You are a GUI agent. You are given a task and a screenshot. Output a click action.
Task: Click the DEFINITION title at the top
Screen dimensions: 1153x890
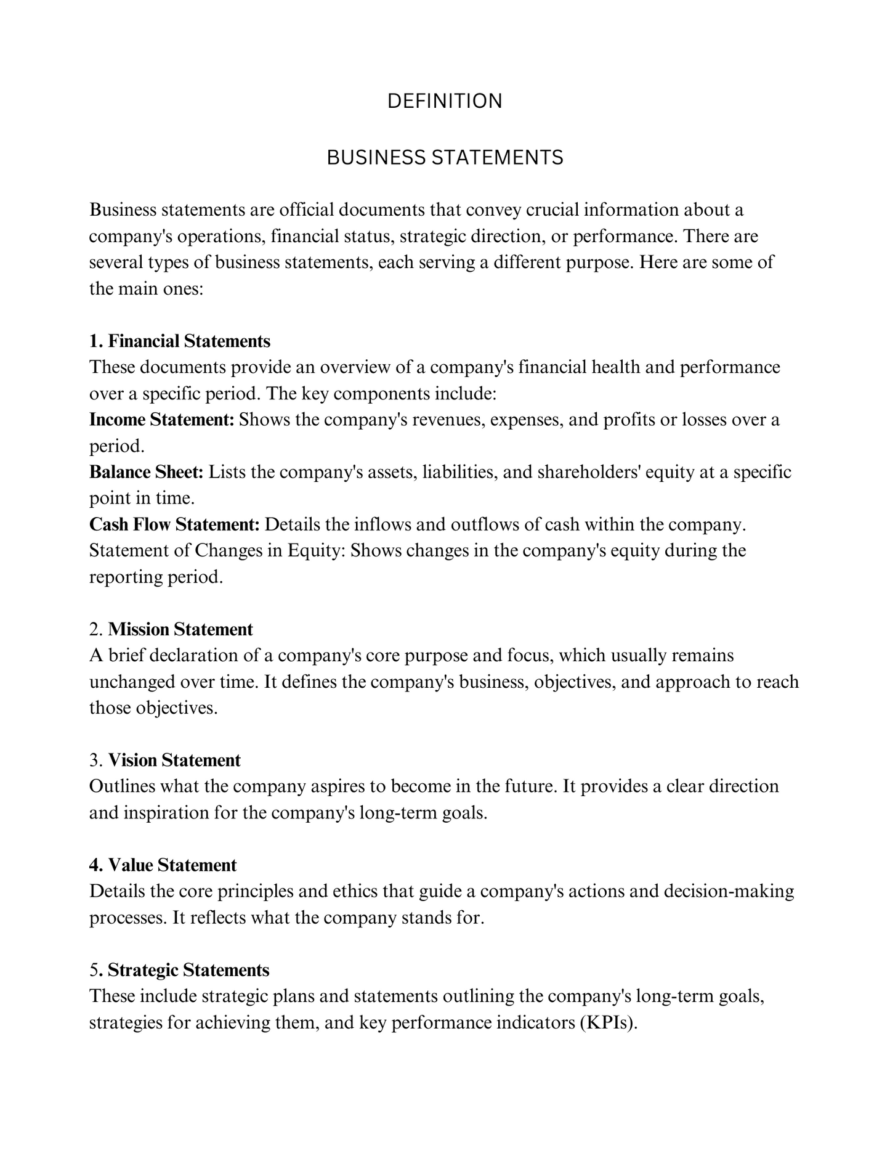tap(445, 101)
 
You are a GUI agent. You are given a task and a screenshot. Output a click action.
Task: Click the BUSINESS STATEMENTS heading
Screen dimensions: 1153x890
tap(445, 158)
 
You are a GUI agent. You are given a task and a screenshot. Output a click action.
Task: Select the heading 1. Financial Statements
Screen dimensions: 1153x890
tap(180, 341)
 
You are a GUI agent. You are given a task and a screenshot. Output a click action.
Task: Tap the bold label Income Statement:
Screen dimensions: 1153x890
tap(162, 420)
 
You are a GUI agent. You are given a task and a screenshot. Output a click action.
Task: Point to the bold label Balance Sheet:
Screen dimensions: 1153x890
tap(147, 472)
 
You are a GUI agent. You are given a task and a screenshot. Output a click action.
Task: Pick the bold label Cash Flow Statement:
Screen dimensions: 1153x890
tap(175, 524)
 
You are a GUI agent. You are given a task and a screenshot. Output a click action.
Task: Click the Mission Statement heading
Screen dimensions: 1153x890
tap(180, 629)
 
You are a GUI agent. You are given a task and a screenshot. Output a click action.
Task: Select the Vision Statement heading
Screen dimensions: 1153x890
tap(174, 760)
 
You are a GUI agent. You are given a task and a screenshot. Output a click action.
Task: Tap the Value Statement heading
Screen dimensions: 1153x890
tap(172, 865)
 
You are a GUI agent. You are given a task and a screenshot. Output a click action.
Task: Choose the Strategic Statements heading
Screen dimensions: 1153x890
tap(188, 970)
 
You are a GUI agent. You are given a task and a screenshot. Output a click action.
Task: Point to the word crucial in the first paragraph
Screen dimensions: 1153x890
tap(552, 210)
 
